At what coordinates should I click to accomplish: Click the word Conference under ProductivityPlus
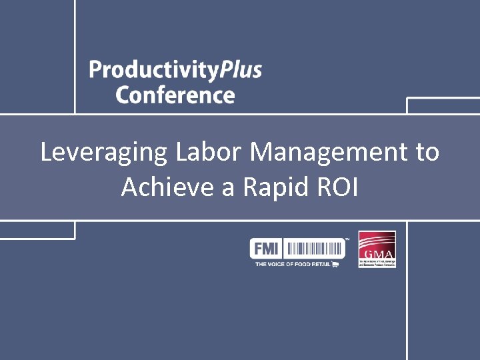click(x=175, y=95)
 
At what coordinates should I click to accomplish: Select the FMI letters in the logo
click(x=266, y=249)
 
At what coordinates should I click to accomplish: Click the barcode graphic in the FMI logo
click(x=316, y=249)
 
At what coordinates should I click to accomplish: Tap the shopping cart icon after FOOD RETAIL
click(x=335, y=265)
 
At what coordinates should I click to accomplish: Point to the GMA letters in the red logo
click(x=377, y=255)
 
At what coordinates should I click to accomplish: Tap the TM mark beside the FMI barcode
click(x=347, y=239)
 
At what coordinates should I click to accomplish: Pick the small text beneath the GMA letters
click(x=377, y=263)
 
